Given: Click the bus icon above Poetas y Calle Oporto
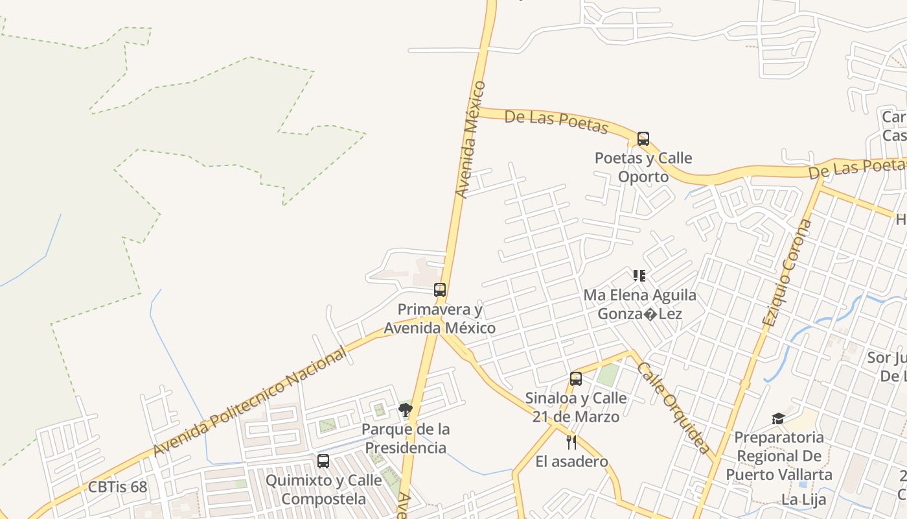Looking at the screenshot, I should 643,139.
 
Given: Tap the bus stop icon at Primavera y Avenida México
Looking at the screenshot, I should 440,290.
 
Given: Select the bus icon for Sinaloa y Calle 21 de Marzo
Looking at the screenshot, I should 576,379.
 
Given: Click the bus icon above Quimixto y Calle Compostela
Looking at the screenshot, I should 323,461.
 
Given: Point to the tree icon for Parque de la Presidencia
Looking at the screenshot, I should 406,409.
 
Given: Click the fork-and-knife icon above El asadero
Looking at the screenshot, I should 571,442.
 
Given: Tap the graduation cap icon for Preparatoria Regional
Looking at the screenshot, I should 778,418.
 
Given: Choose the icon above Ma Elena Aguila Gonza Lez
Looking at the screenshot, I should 639,276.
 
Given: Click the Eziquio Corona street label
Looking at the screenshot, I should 786,273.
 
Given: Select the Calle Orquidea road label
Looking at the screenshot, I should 673,407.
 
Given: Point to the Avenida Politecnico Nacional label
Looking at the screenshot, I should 250,402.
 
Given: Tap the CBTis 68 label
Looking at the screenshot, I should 118,487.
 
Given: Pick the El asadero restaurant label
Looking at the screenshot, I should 571,462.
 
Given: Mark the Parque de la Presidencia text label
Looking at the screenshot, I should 406,439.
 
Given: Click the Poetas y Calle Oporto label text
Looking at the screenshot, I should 643,167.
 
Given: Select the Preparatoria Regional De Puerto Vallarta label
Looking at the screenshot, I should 779,456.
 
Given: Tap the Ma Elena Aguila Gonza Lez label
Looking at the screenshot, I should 640,304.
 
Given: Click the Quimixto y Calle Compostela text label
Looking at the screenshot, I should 323,490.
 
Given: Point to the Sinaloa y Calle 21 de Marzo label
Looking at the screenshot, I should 576,407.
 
